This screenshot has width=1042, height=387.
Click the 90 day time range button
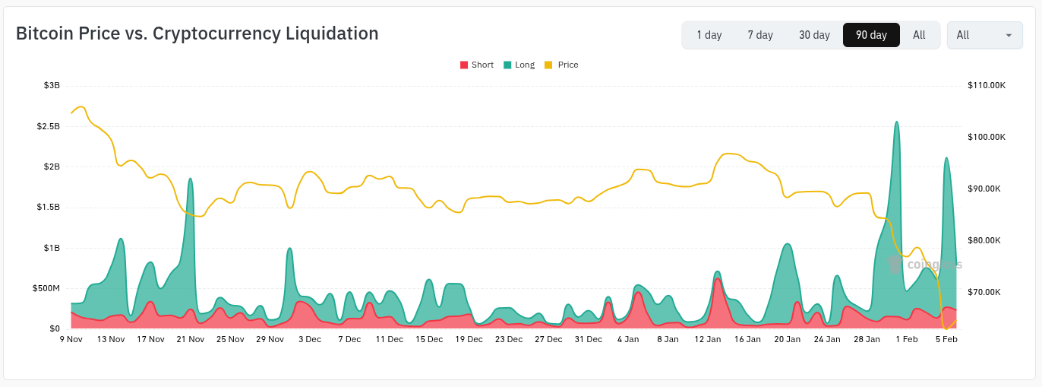tap(871, 35)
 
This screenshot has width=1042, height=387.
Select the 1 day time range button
tap(709, 35)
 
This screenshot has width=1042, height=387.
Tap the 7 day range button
tap(760, 35)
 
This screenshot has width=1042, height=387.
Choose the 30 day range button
tap(814, 35)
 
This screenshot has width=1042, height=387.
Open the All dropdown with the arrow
tap(984, 35)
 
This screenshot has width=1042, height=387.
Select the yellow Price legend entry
tap(562, 65)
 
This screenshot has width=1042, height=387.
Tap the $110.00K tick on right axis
tap(987, 85)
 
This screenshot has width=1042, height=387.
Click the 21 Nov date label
tap(191, 339)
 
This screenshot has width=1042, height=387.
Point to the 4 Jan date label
tap(628, 339)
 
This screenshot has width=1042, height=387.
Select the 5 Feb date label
tap(946, 339)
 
